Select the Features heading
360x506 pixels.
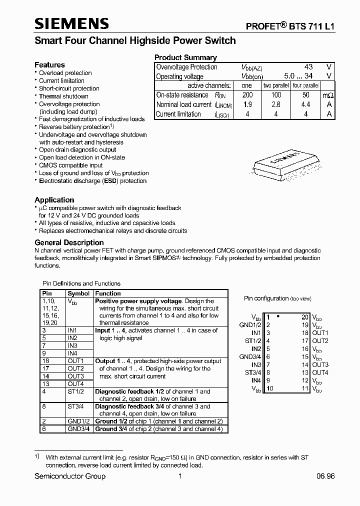click(49, 65)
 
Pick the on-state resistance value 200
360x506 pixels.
click(247, 95)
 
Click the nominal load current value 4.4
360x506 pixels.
click(305, 104)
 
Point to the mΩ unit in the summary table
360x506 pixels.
click(327, 95)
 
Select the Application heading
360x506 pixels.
click(54, 200)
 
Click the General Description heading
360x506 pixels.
click(69, 242)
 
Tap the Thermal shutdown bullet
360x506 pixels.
click(63, 96)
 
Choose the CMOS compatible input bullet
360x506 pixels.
click(71, 165)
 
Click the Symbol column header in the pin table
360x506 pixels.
click(78, 293)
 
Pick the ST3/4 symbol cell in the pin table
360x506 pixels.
click(75, 406)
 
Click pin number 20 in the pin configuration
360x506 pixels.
click(304, 317)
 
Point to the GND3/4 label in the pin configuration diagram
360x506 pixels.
click(250, 356)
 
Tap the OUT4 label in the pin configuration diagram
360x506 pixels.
click(320, 372)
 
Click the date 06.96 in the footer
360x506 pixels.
click(325, 476)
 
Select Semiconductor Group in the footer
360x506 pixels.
click(70, 476)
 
